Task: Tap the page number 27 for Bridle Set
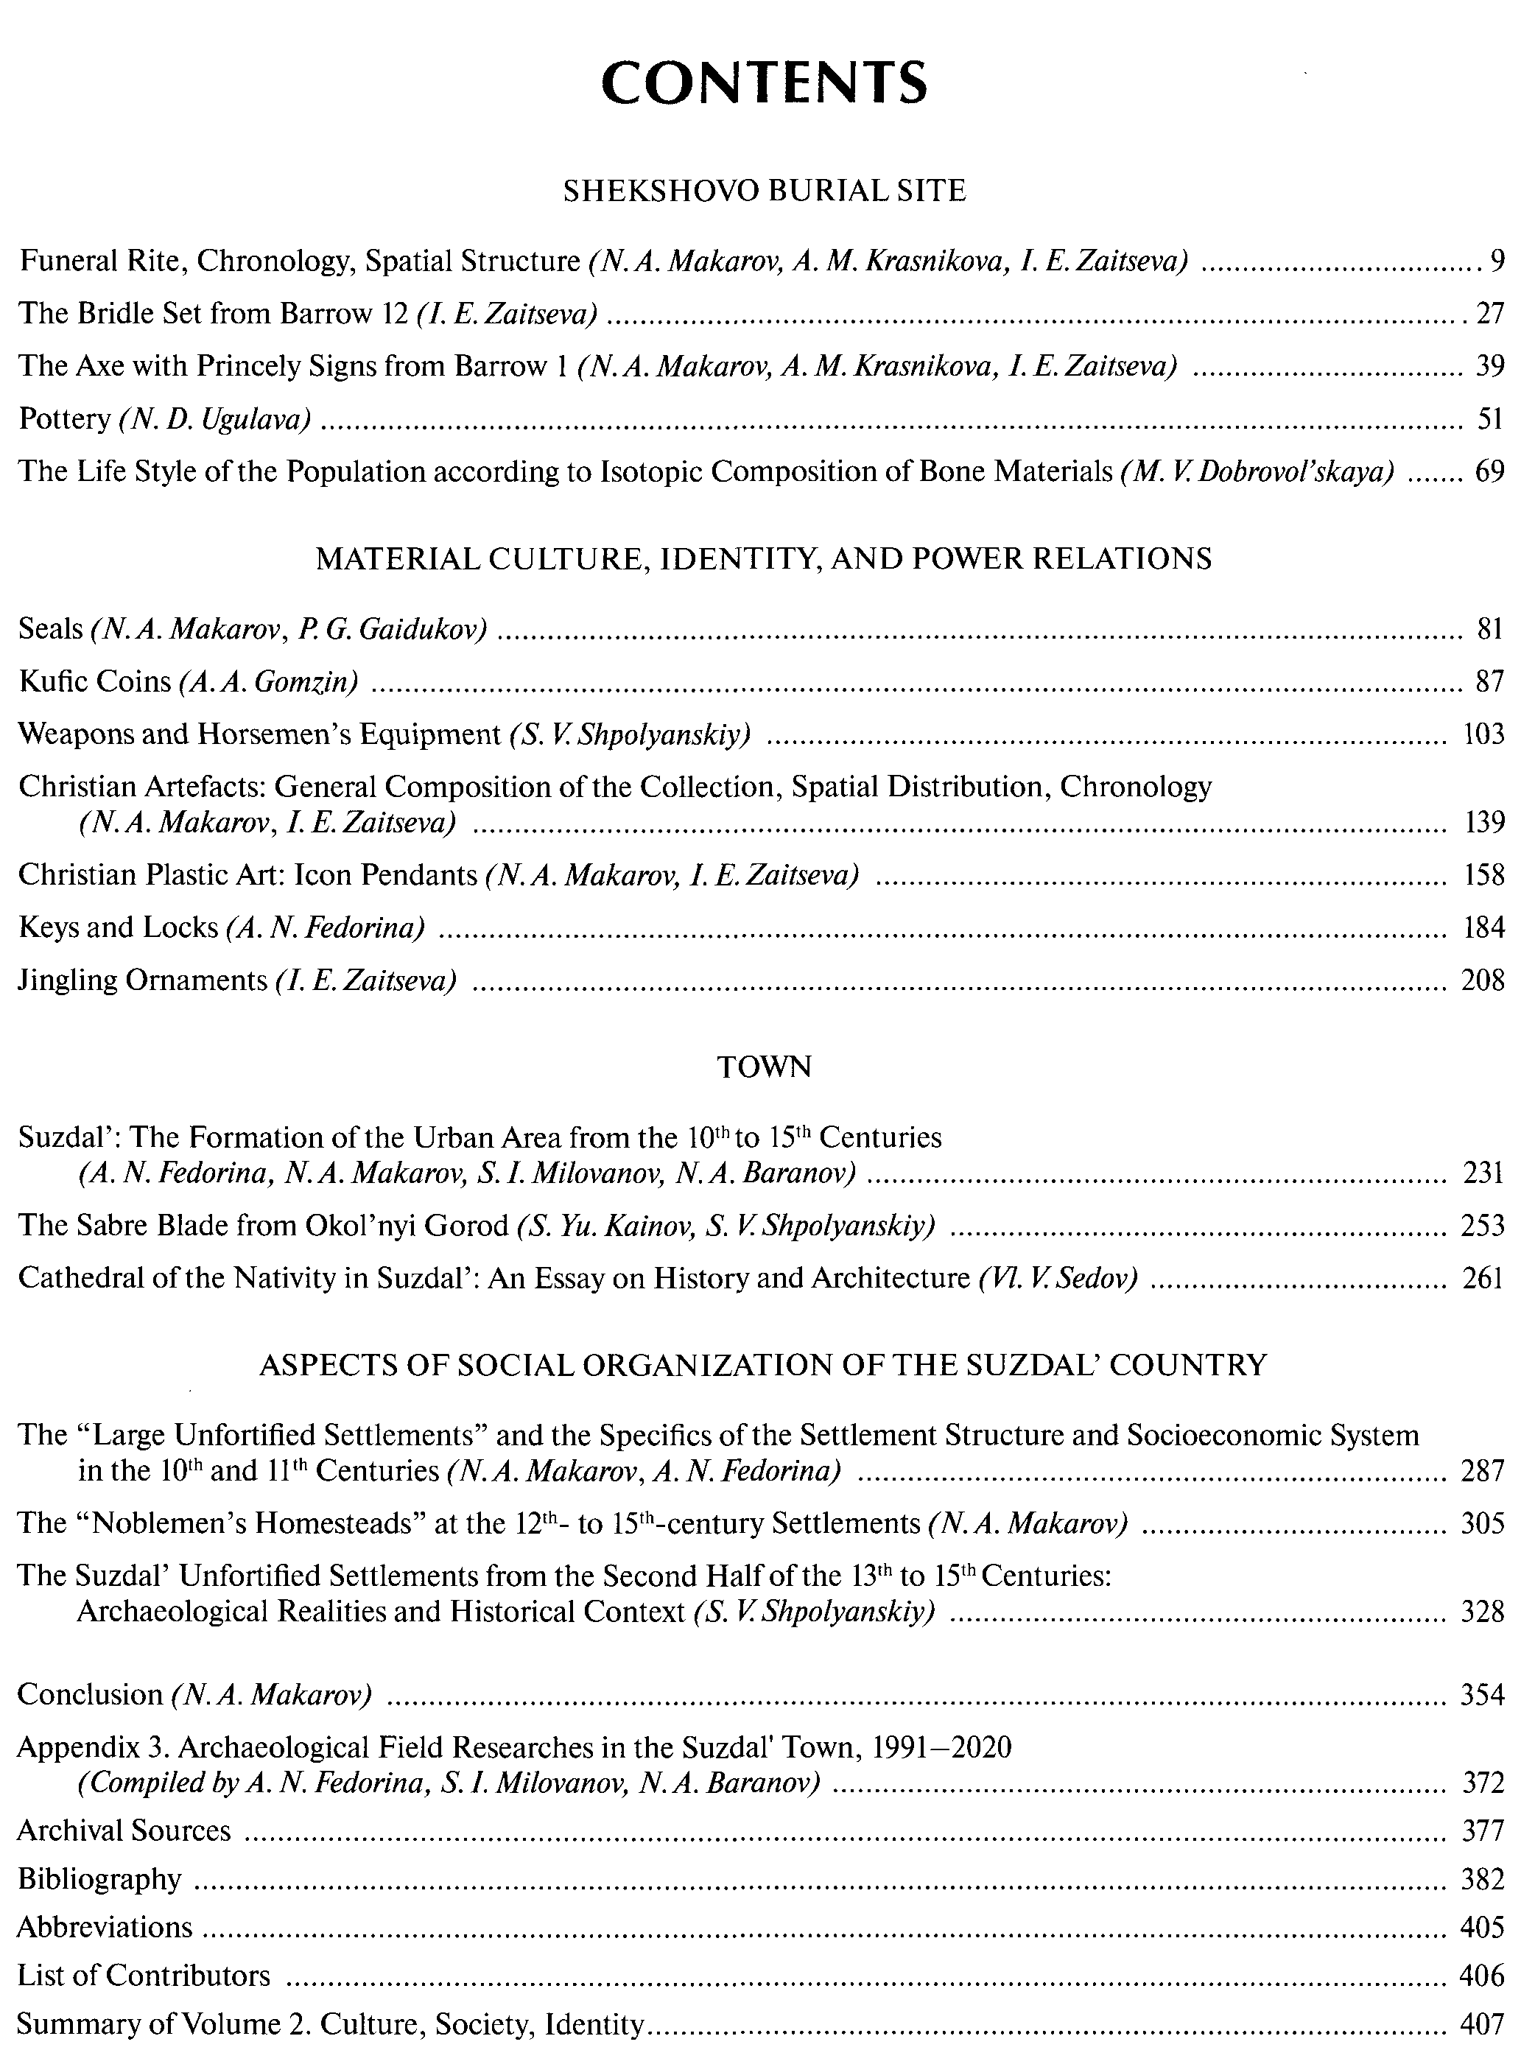tap(1489, 314)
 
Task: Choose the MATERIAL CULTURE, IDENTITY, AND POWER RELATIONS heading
tap(763, 559)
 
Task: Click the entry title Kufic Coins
tap(95, 681)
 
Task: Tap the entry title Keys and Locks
tap(118, 927)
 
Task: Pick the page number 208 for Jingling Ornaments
tap(1482, 980)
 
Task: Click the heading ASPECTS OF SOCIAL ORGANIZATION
tap(763, 1364)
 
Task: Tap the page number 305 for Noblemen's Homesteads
tap(1482, 1523)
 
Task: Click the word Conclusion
tap(89, 1695)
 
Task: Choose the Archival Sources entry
tap(124, 1830)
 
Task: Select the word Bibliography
tap(99, 1879)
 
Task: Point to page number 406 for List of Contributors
tap(1482, 1976)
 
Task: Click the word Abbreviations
tap(105, 1927)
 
